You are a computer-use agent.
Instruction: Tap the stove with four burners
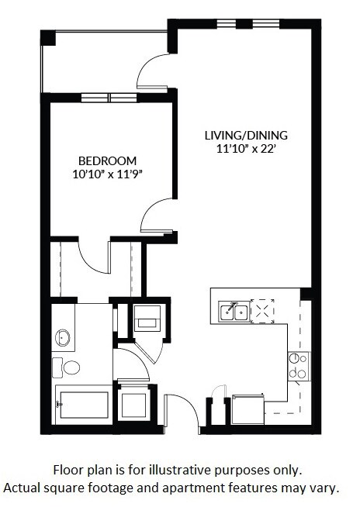click(298, 365)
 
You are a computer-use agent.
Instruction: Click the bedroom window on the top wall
click(109, 98)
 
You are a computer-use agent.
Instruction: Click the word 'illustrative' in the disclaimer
click(189, 471)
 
